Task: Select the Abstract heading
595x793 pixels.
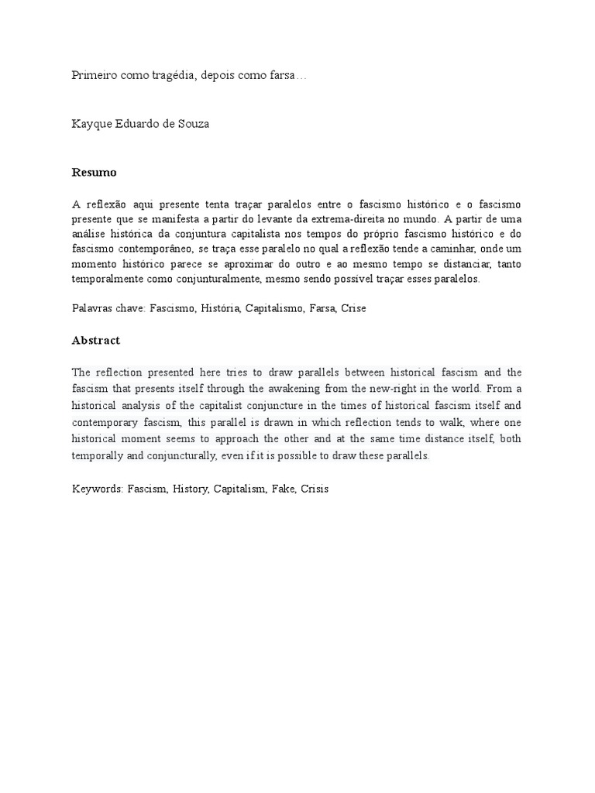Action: (96, 340)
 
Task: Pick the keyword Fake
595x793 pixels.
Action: (283, 490)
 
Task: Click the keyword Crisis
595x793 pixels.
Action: (315, 490)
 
